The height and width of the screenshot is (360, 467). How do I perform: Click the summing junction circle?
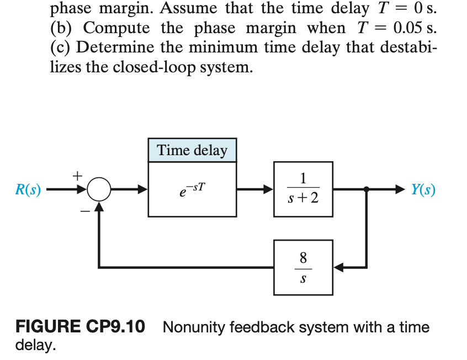coord(99,190)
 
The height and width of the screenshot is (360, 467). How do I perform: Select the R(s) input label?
coord(28,190)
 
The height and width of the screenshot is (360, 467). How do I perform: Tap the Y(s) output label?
coord(423,190)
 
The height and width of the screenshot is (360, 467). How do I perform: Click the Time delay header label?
coord(192,150)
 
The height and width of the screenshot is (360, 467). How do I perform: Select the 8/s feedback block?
coord(303,267)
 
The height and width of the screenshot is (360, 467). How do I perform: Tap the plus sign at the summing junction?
coord(78,176)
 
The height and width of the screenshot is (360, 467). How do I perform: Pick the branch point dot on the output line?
coord(367,190)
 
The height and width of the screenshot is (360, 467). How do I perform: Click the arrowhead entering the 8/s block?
coord(339,268)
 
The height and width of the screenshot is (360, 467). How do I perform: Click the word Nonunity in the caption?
coord(193,327)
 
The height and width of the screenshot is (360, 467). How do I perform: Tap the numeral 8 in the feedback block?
coord(303,258)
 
